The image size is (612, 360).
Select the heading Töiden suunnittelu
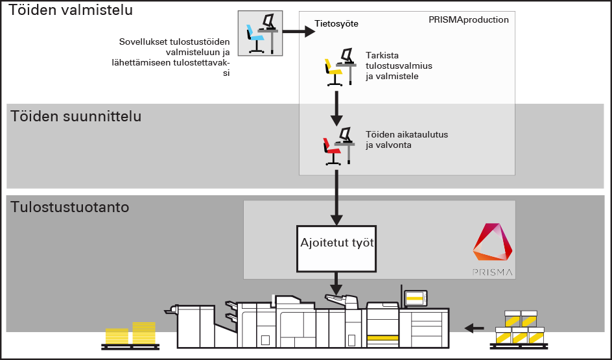tap(76, 117)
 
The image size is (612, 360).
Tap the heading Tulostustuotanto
tap(69, 208)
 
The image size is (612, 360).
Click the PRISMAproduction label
tap(468, 20)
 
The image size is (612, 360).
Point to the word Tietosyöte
tap(336, 23)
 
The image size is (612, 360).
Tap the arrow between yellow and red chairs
tap(336, 107)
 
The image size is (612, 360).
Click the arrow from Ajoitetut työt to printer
tap(336, 283)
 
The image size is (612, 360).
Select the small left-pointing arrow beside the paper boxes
tap(475, 328)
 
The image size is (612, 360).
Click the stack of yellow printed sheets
tap(131, 334)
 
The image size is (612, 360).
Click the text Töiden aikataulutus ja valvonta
tap(397, 139)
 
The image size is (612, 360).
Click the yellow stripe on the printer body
tap(382, 338)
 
